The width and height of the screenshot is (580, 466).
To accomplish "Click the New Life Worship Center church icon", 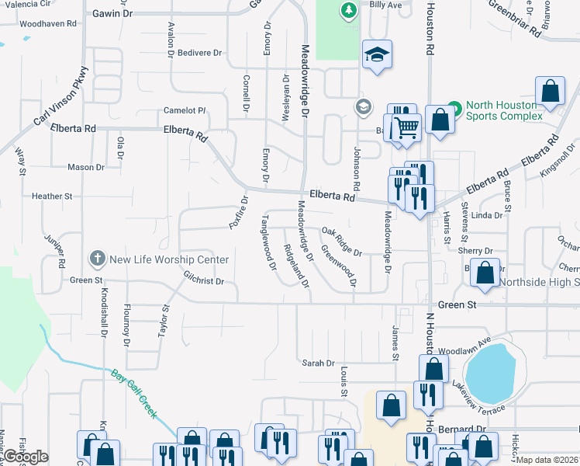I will pos(97,258).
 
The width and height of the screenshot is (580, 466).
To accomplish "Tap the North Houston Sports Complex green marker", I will pos(454,109).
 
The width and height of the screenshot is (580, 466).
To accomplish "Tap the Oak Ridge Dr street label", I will pos(342,242).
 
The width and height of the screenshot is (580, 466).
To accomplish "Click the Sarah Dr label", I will pos(318,363).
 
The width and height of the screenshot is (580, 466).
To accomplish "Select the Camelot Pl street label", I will pos(184,110).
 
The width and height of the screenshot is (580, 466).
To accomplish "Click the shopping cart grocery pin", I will pos(404,126).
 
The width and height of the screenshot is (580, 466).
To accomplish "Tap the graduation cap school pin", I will pos(378,54).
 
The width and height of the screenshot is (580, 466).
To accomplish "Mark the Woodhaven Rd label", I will pos(48,24).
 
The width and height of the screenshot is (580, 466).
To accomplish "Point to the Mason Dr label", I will pos(85,167).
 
